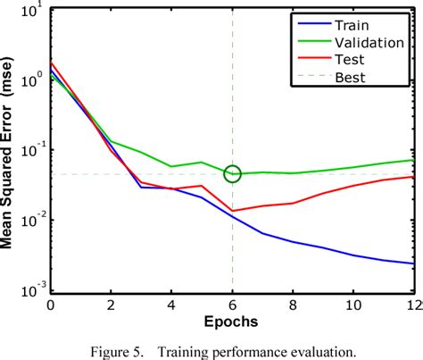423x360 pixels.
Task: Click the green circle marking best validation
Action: click(x=233, y=173)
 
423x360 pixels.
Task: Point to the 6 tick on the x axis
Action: click(x=233, y=304)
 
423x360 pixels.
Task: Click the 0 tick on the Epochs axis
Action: click(x=51, y=304)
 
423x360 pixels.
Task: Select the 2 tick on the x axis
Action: click(x=112, y=304)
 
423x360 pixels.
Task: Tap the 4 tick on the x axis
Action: click(x=172, y=304)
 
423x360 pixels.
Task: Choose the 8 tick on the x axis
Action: click(x=294, y=304)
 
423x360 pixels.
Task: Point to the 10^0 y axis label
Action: click(x=30, y=81)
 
